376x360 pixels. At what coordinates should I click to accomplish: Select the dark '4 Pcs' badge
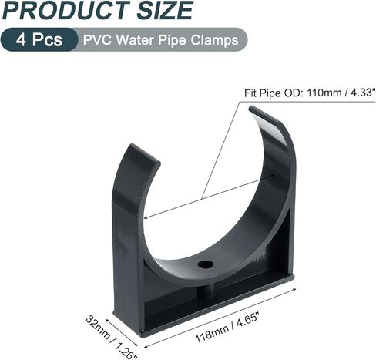click(39, 39)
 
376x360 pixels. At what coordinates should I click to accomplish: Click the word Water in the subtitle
click(135, 39)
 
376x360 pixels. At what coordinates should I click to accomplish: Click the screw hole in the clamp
click(205, 264)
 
